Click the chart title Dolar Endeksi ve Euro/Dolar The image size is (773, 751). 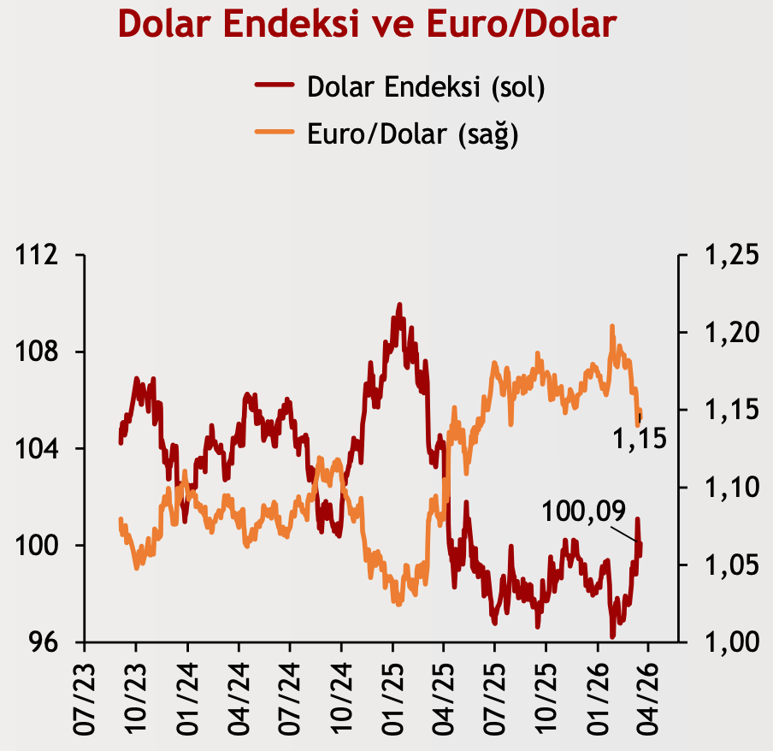pyautogui.click(x=367, y=23)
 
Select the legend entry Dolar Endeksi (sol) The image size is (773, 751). pyautogui.click(x=426, y=86)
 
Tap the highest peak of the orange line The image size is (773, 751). pyautogui.click(x=612, y=326)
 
